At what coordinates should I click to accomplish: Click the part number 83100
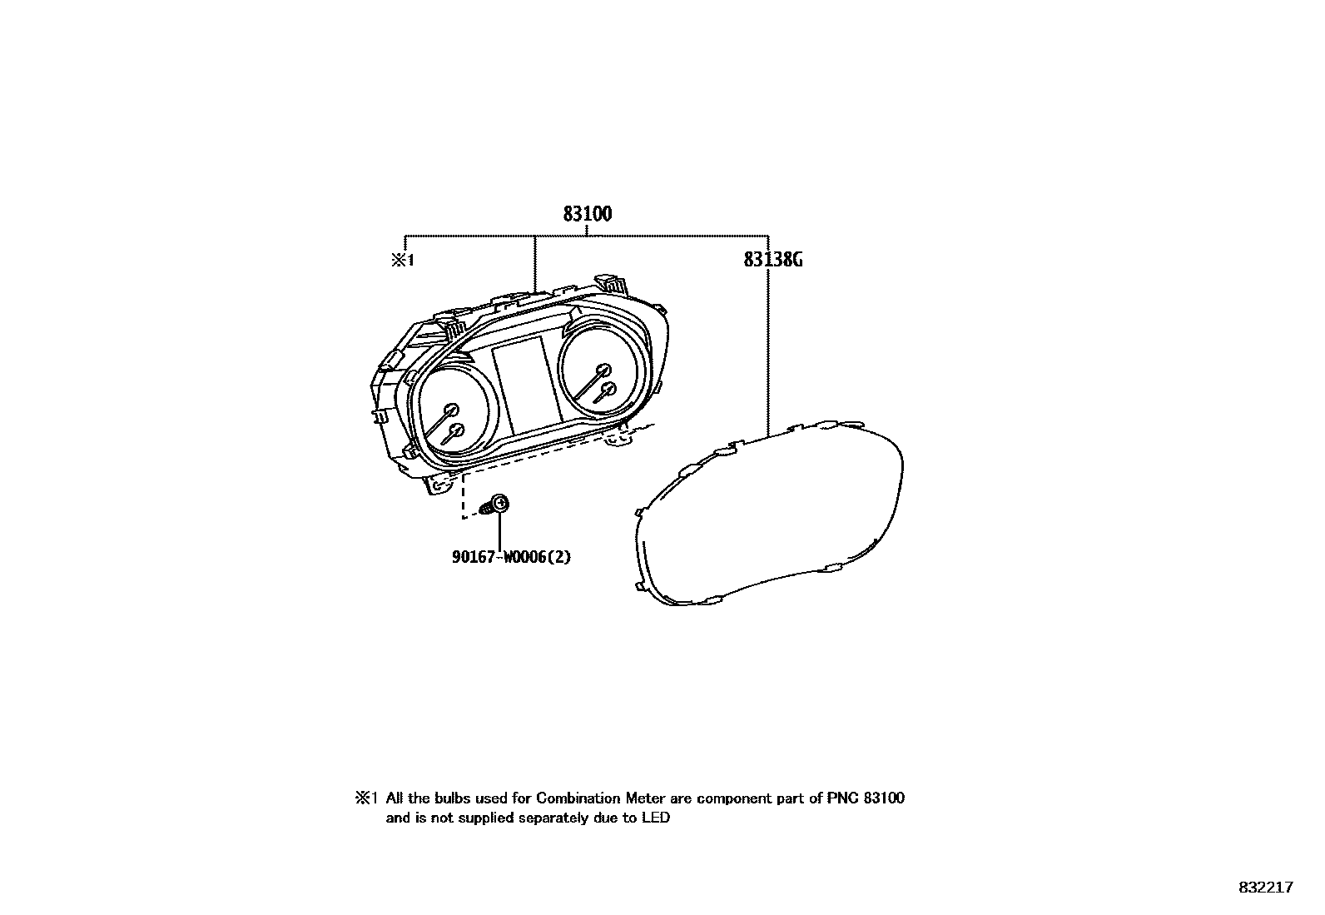[587, 214]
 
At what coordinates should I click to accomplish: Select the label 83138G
[773, 260]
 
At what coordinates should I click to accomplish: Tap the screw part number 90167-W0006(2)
[511, 556]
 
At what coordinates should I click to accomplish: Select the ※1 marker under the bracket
[403, 260]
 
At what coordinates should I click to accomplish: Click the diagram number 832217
[1265, 888]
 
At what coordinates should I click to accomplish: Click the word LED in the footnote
[655, 818]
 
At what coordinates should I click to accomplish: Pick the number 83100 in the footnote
[884, 798]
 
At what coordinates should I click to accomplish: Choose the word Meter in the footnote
[646, 798]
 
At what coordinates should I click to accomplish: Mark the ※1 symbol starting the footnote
[366, 798]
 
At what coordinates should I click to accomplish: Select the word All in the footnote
[395, 798]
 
